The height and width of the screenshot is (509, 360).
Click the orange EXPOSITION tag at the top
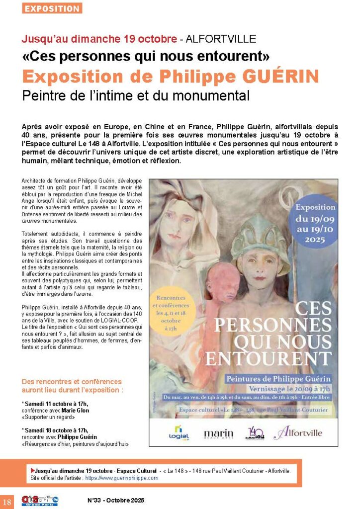point(52,8)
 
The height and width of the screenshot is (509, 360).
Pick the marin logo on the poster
point(218,433)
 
